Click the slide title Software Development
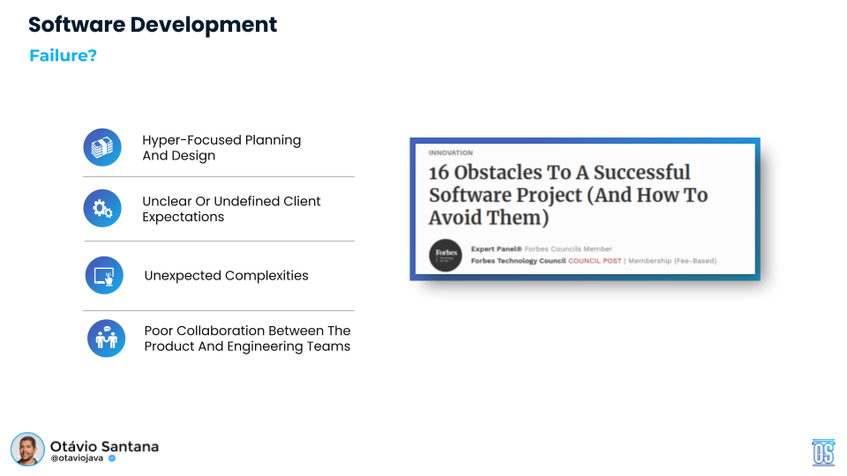pos(153,25)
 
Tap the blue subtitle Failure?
pos(63,56)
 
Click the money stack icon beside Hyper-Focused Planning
pos(102,147)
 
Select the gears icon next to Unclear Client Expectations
pos(102,209)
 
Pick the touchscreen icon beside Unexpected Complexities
pos(104,275)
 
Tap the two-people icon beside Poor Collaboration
pos(106,338)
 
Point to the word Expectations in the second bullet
pos(184,217)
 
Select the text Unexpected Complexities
pos(226,275)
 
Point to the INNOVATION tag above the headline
pos(451,153)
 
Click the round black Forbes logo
pos(446,255)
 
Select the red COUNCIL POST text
pos(595,261)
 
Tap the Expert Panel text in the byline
pos(497,249)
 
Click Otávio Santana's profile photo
pos(27,450)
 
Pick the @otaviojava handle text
pos(77,458)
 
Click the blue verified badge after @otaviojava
pos(112,458)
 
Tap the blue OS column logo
pos(823,451)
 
